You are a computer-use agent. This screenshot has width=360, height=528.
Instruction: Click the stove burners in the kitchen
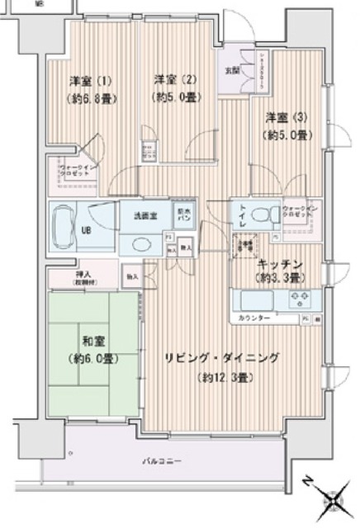coord(298,298)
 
